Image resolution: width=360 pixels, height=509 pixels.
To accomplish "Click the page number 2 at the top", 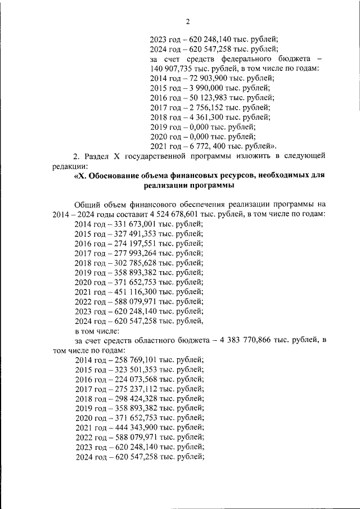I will point(188,21).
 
